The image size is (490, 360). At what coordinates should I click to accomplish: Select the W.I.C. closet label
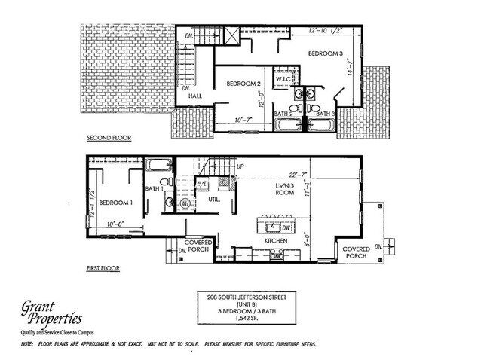[283, 79]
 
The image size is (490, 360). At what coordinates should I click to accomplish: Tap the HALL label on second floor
[195, 96]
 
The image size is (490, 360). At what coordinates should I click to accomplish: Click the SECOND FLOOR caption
[109, 139]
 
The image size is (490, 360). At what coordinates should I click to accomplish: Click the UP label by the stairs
[240, 166]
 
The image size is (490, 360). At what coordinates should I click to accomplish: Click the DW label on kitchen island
[287, 226]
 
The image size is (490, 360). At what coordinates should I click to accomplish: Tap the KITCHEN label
[277, 241]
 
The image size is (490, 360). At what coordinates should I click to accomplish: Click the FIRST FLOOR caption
[104, 267]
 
